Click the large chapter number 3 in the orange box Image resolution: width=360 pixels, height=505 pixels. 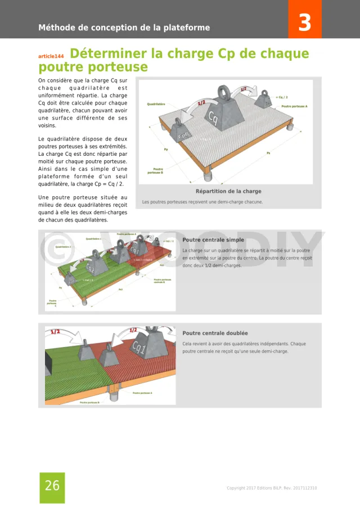click(x=304, y=23)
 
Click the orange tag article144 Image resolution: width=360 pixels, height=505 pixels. click(x=51, y=56)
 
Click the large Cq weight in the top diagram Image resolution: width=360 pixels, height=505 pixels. click(x=213, y=115)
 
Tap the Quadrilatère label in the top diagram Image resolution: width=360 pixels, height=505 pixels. click(x=156, y=104)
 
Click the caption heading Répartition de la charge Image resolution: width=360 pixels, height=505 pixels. click(x=228, y=191)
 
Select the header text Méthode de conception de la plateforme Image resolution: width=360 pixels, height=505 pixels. click(x=124, y=28)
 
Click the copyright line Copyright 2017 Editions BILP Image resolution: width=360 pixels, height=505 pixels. click(x=271, y=488)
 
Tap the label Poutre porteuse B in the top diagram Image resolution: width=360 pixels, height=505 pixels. click(x=158, y=170)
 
